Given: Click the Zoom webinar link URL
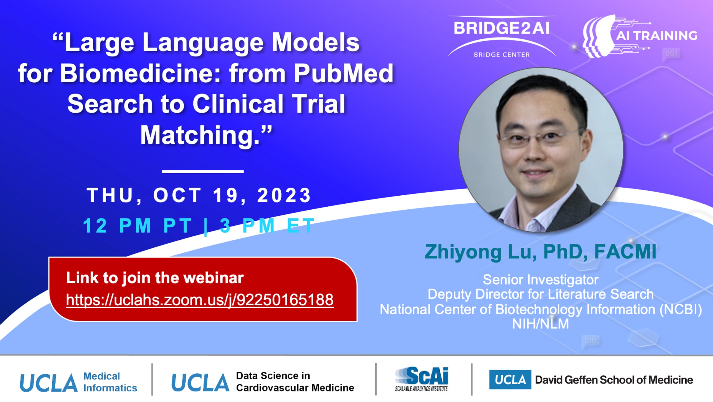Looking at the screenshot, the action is tap(200, 300).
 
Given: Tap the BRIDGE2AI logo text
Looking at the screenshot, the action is tap(502, 28).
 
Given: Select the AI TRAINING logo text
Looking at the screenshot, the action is tap(657, 36).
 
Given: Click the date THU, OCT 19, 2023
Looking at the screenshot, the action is tap(199, 196).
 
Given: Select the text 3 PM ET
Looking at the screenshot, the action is tap(267, 226).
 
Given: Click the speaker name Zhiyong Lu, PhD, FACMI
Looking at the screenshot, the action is tap(540, 252).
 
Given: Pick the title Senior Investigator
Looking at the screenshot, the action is tap(540, 280).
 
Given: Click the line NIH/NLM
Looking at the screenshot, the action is tap(540, 324).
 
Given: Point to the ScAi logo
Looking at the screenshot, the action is tap(422, 379).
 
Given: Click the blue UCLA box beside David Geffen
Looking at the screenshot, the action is tap(510, 380).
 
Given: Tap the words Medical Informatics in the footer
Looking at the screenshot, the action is tap(110, 382).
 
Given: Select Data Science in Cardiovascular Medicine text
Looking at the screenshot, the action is tap(295, 382).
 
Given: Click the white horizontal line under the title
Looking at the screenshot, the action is tap(203, 172).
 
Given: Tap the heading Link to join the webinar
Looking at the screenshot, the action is tap(155, 278).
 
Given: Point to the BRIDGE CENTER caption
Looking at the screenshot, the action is tap(502, 55).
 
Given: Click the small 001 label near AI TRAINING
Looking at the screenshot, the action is tap(671, 54).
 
